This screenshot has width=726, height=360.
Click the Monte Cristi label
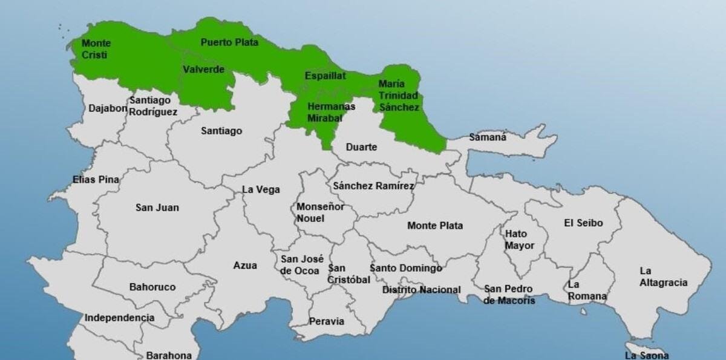(95, 49)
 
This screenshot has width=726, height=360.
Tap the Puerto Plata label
(229, 42)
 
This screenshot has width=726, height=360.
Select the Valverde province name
(203, 70)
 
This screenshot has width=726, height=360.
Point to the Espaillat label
(325, 76)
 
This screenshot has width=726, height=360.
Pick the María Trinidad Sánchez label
(399, 95)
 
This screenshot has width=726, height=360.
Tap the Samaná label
(488, 137)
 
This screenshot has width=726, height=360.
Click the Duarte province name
(361, 147)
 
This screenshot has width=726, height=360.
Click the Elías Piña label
(96, 180)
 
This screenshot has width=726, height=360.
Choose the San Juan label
(157, 208)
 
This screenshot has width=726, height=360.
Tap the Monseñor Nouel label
(320, 212)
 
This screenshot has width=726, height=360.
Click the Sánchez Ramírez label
(373, 186)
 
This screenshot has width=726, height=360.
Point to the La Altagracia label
(663, 277)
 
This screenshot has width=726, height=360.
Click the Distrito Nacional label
(421, 290)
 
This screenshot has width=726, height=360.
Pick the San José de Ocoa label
(300, 265)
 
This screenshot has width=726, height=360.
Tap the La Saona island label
(647, 355)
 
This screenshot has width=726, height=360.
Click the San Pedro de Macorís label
(509, 295)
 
